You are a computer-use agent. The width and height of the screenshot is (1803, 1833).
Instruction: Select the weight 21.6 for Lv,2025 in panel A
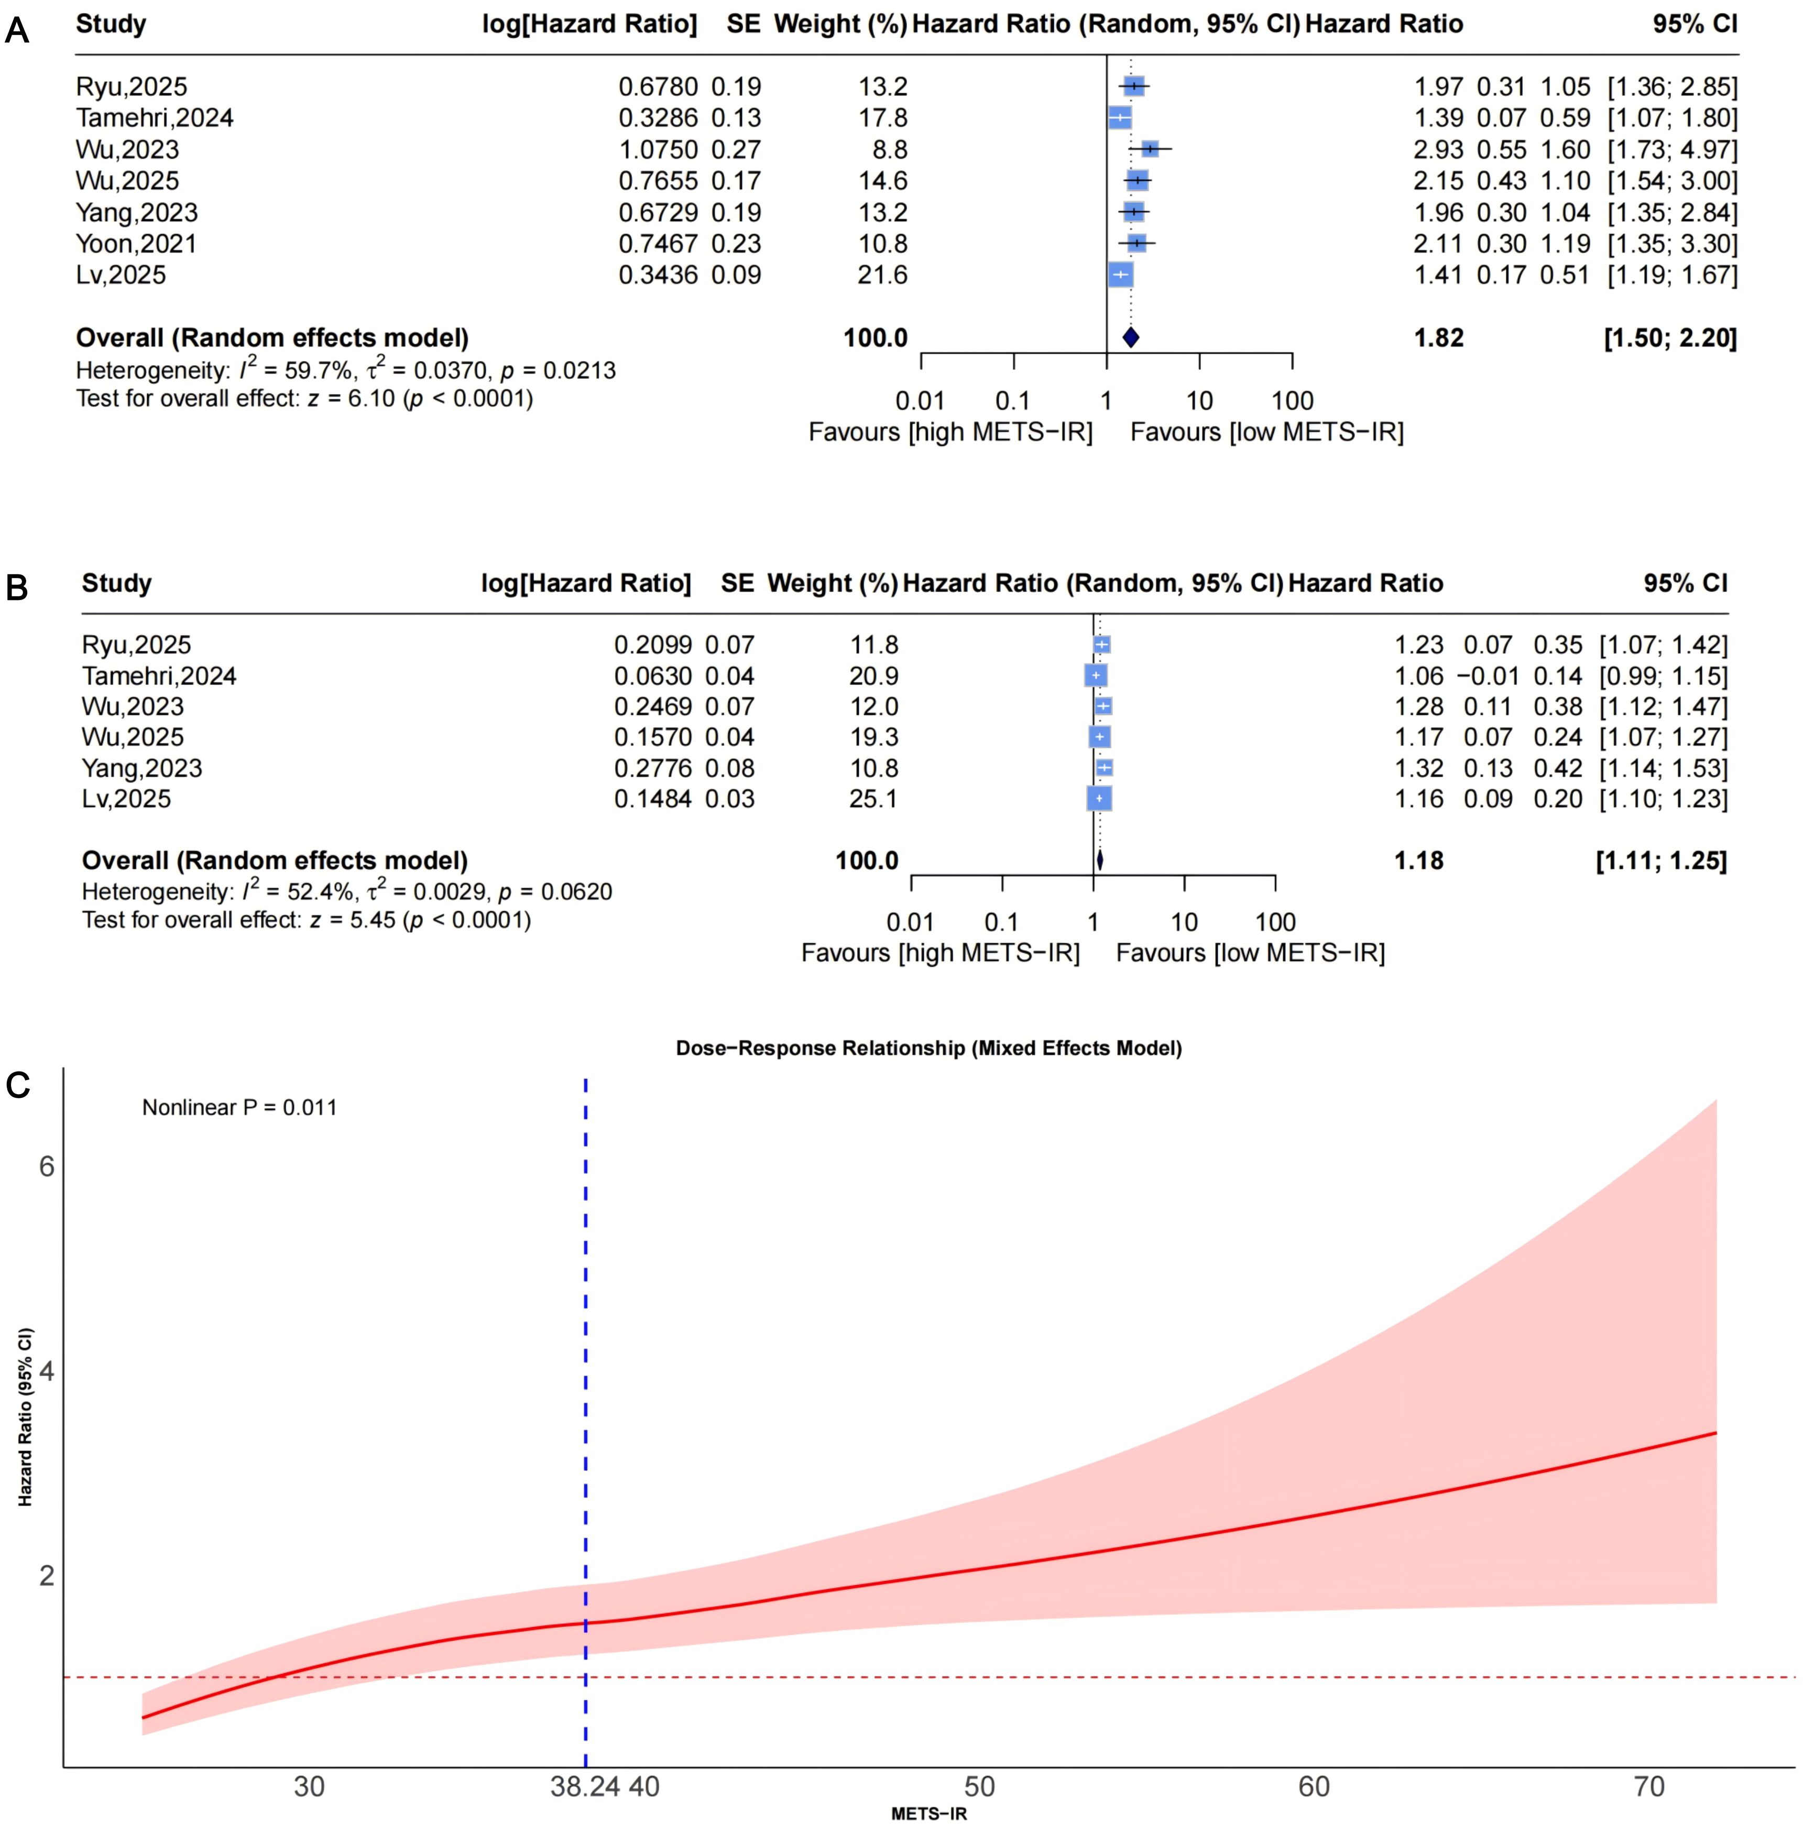coord(882,276)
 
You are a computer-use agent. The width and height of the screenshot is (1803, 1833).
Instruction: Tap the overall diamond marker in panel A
coord(1130,337)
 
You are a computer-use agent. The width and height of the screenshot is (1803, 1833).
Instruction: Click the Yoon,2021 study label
coord(136,244)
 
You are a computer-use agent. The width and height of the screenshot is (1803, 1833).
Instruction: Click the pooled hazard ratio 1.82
coord(1438,338)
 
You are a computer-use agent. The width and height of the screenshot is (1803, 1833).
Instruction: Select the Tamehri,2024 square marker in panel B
coord(1096,676)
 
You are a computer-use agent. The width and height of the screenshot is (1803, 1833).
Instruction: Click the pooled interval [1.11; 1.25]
coord(1661,860)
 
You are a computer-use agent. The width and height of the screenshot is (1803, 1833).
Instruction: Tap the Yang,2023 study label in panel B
coord(142,768)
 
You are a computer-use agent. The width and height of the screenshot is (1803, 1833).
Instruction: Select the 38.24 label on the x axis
coord(584,1786)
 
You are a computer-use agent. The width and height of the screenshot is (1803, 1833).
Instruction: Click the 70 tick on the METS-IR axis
coord(1648,1786)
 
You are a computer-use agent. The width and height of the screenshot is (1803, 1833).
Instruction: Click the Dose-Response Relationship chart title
coord(928,1048)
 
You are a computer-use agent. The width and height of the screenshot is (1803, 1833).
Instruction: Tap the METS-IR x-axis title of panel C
coord(928,1814)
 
